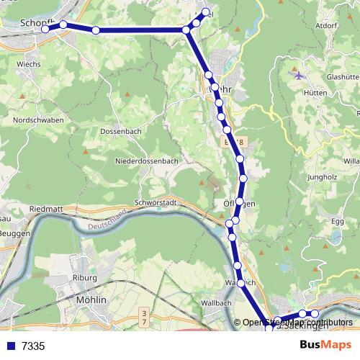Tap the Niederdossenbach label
tap(146, 161)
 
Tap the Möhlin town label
tap(91, 299)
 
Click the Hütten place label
tap(315, 93)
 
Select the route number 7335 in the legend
tap(33, 346)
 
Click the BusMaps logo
tap(325, 345)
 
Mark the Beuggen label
tap(15, 234)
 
